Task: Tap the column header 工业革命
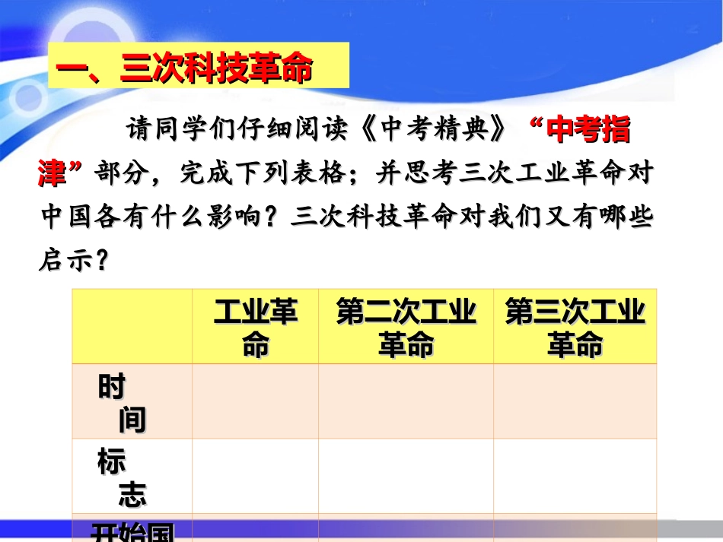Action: [x=256, y=328]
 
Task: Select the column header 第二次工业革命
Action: [x=406, y=328]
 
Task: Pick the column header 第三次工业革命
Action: [x=575, y=328]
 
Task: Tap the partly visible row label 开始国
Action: [x=132, y=531]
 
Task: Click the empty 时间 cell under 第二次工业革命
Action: [x=406, y=401]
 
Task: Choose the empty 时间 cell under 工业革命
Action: [x=256, y=401]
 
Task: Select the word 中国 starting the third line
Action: [x=64, y=217]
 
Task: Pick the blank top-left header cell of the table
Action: [x=132, y=328]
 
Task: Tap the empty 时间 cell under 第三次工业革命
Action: [x=575, y=401]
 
